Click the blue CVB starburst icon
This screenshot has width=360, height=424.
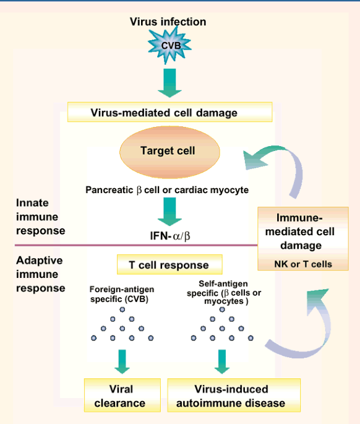click(x=168, y=46)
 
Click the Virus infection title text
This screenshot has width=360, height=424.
click(x=168, y=22)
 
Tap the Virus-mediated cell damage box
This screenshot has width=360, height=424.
click(x=169, y=113)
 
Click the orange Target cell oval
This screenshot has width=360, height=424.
click(x=168, y=150)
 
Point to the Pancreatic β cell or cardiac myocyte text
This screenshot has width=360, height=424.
click(x=167, y=190)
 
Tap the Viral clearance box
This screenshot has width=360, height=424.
click(x=122, y=396)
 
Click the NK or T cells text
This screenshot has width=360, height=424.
click(x=303, y=264)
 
